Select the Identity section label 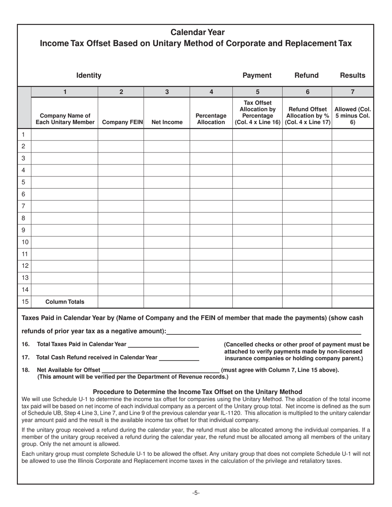[89, 75]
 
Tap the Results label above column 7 [352, 75]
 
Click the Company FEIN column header [121, 122]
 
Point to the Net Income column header [167, 122]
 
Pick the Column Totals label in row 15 [65, 302]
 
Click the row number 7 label [24, 206]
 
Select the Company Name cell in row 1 [65, 135]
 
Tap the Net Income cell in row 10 [167, 242]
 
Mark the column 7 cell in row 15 [352, 302]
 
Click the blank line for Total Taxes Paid [163, 345]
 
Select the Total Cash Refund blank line [179, 357]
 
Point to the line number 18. [26, 370]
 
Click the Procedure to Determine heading [197, 392]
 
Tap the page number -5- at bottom [196, 493]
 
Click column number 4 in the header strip [211, 92]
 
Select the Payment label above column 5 [257, 75]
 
